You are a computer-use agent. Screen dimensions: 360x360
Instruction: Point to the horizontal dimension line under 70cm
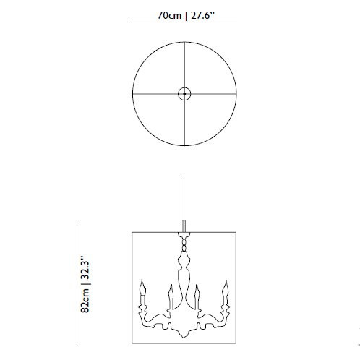(x=184, y=23)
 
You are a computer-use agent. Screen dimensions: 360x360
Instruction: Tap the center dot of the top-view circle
(x=184, y=93)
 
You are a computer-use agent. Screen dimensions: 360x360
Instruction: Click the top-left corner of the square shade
(x=132, y=232)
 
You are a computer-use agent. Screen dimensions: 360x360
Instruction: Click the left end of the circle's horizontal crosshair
(x=134, y=93)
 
